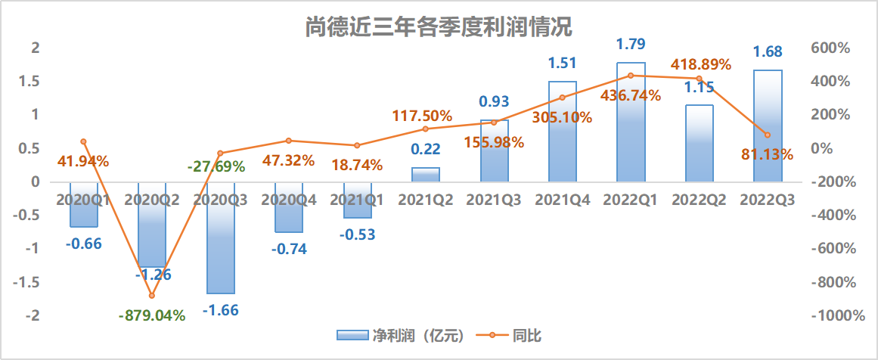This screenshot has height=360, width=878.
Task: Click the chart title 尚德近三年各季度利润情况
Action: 439,27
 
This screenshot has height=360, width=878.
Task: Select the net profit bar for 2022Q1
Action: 631,121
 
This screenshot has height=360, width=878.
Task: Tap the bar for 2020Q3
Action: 220,238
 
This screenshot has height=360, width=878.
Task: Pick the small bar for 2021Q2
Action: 426,175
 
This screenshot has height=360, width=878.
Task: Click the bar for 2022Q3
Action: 768,126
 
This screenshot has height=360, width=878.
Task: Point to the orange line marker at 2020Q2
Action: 152,296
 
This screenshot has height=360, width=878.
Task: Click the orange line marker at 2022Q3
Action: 768,135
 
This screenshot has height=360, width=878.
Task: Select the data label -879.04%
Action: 152,315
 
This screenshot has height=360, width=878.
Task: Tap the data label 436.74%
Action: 631,96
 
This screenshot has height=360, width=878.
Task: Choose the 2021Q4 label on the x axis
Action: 563,200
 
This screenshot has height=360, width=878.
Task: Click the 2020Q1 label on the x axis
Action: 84,200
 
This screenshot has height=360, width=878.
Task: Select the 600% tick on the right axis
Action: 830,48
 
